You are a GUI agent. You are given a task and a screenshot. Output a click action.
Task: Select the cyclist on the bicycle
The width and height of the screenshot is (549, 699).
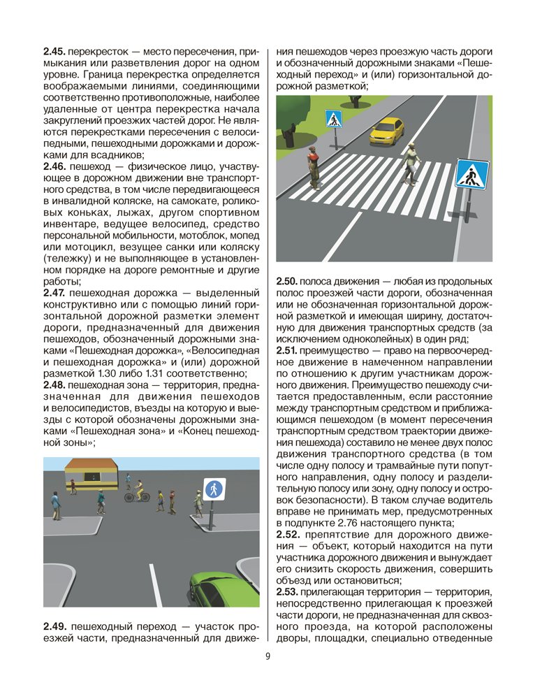(x=138, y=491)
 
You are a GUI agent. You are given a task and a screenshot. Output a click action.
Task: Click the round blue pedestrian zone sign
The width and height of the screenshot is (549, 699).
(x=214, y=488)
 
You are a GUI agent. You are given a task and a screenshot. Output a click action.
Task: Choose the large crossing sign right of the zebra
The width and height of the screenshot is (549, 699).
(x=472, y=174)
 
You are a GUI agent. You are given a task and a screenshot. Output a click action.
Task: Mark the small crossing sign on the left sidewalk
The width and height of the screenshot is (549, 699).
(x=334, y=120)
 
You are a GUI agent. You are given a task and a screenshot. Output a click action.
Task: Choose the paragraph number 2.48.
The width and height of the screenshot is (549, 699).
(x=54, y=385)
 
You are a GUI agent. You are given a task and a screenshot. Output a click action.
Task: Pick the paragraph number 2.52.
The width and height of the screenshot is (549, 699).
(x=288, y=535)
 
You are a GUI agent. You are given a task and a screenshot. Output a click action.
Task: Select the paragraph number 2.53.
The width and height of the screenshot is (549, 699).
(x=288, y=592)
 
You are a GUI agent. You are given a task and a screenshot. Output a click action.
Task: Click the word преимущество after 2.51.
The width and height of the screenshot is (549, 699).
(x=337, y=349)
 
